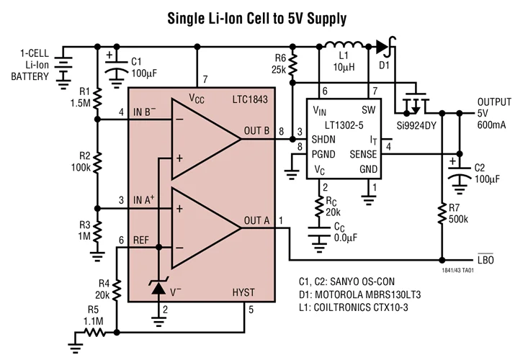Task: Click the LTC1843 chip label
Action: click(250, 99)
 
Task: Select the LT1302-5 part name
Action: click(344, 125)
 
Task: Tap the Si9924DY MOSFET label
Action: click(416, 126)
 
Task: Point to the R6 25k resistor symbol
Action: click(292, 65)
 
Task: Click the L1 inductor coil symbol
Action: click(344, 45)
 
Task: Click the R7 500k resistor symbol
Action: click(442, 214)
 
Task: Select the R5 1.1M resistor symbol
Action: click(95, 333)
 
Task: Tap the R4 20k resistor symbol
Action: click(117, 290)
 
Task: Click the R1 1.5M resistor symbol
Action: click(97, 98)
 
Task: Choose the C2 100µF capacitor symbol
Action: click(460, 176)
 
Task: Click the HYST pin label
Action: click(243, 292)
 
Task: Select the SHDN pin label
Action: click(323, 139)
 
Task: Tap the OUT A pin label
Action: click(256, 221)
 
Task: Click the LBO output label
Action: click(486, 259)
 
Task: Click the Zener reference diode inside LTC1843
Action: click(159, 288)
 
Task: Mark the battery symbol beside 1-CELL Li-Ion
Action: click(63, 68)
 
